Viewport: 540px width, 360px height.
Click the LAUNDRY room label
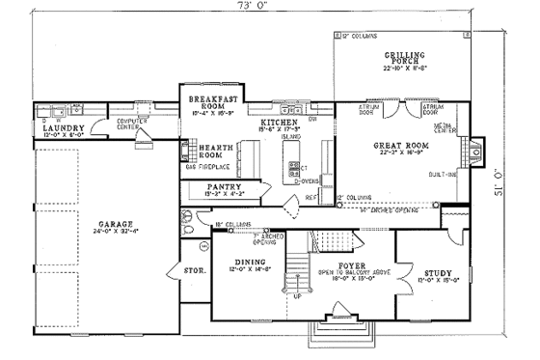point(63,127)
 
